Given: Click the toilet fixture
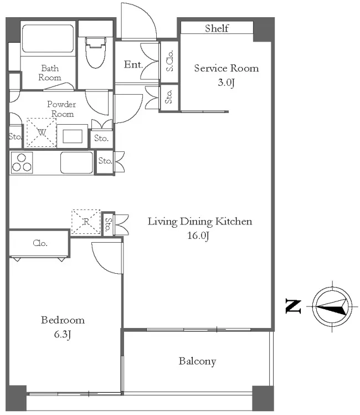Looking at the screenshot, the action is (x=95, y=53).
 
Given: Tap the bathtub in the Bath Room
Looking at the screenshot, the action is (x=48, y=39).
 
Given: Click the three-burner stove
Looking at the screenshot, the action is (x=22, y=163).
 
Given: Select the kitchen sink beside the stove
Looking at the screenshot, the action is (x=76, y=163).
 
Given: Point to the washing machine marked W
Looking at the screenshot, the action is (x=42, y=132).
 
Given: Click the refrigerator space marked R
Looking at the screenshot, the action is (x=86, y=222).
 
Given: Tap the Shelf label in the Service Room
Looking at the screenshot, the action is (x=217, y=28).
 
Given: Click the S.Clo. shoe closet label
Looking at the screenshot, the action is (x=169, y=60).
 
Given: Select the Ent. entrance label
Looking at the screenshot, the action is (x=133, y=64).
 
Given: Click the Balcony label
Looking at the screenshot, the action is (x=197, y=361).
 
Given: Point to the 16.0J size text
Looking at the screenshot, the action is (x=198, y=235).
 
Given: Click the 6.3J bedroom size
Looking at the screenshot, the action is (x=63, y=335).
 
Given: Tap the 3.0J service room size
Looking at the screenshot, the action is (x=226, y=83).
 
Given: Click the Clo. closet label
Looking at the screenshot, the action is (x=40, y=243).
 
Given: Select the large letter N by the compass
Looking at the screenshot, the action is (x=294, y=306).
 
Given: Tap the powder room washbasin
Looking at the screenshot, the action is (x=72, y=136).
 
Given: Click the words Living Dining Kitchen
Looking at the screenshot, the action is (x=200, y=221).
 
